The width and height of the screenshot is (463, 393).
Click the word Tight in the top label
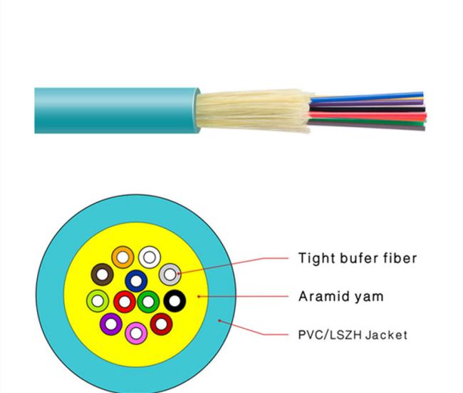[x=316, y=259]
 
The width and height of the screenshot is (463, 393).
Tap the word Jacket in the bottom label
[x=387, y=335]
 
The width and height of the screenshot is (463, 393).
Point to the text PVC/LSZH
[x=330, y=335]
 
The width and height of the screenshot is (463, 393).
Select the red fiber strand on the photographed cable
[x=368, y=116]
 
